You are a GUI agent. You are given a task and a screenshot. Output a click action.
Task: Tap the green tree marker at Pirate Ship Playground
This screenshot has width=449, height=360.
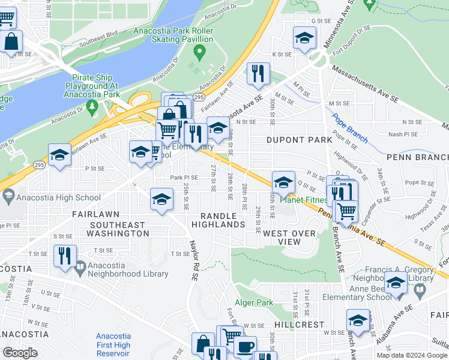click(x=92, y=107)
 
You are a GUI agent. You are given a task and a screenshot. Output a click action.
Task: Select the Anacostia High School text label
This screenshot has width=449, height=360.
click(x=59, y=197)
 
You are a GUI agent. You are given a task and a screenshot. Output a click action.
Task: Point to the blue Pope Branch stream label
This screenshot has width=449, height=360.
click(x=349, y=128)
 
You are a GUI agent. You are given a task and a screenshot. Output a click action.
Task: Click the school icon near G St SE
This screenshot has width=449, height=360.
click(x=304, y=37)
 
